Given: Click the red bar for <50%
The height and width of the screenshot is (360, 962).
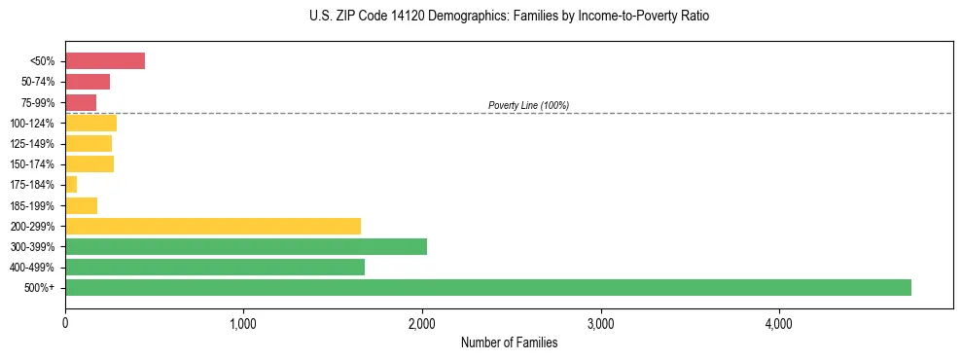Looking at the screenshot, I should pos(105,61).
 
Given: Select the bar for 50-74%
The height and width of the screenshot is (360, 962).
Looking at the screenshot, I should pos(88,82).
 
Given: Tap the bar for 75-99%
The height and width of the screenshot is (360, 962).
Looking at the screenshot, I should pos(81,102).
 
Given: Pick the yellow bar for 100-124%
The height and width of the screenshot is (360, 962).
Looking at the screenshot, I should pos(90,123).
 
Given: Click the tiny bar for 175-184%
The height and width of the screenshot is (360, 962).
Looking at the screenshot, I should pos(71,184).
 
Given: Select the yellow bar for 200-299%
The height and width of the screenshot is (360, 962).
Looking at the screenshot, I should pos(213,226).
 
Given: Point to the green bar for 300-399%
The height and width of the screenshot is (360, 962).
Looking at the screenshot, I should pos(246,246).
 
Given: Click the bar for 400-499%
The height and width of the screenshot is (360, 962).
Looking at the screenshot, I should pos(215,267).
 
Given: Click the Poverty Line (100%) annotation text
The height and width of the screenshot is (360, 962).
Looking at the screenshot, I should pos(528,105).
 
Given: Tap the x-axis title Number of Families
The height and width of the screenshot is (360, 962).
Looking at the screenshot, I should pos(509,342).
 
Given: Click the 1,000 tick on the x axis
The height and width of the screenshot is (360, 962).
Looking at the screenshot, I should pos(243,323).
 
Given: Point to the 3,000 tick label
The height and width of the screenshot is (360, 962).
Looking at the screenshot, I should pos(600,323).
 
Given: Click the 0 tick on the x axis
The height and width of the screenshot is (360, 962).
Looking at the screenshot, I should pos(65,323).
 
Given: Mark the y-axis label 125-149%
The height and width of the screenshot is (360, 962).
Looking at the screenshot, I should pos(32,144).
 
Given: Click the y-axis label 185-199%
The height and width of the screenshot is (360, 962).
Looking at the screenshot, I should pos(32,205).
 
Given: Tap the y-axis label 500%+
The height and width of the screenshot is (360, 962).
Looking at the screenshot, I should pos(40,287).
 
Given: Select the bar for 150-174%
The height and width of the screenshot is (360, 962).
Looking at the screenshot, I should pos(89,163).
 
